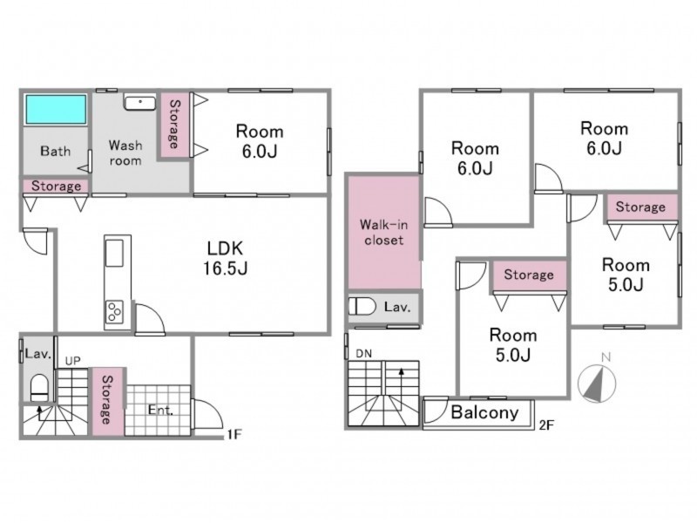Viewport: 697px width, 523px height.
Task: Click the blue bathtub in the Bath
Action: click(56, 110)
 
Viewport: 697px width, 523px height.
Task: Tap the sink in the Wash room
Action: click(140, 103)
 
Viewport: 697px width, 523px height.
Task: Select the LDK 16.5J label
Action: click(226, 258)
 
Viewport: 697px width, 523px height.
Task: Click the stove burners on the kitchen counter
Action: click(114, 312)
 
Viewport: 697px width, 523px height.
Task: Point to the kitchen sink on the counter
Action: click(114, 253)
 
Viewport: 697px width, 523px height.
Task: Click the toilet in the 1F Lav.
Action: click(39, 388)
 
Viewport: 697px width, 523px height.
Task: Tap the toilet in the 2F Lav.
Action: click(362, 307)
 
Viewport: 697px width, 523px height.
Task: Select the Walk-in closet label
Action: click(383, 232)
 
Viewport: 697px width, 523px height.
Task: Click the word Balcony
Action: click(484, 412)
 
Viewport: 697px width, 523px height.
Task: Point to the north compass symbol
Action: click(597, 383)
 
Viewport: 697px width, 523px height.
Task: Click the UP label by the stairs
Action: click(73, 361)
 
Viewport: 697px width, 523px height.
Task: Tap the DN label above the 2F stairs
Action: click(364, 354)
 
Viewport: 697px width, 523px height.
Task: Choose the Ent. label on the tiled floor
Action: click(160, 410)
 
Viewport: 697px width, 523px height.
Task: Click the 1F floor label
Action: click(234, 434)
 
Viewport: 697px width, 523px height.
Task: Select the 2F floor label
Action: click(547, 425)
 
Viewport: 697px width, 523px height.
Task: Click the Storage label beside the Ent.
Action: click(107, 400)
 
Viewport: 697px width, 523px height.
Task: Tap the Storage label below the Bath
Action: click(56, 186)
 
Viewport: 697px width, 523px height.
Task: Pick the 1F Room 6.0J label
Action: click(260, 141)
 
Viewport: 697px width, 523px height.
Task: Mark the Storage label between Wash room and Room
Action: click(175, 124)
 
